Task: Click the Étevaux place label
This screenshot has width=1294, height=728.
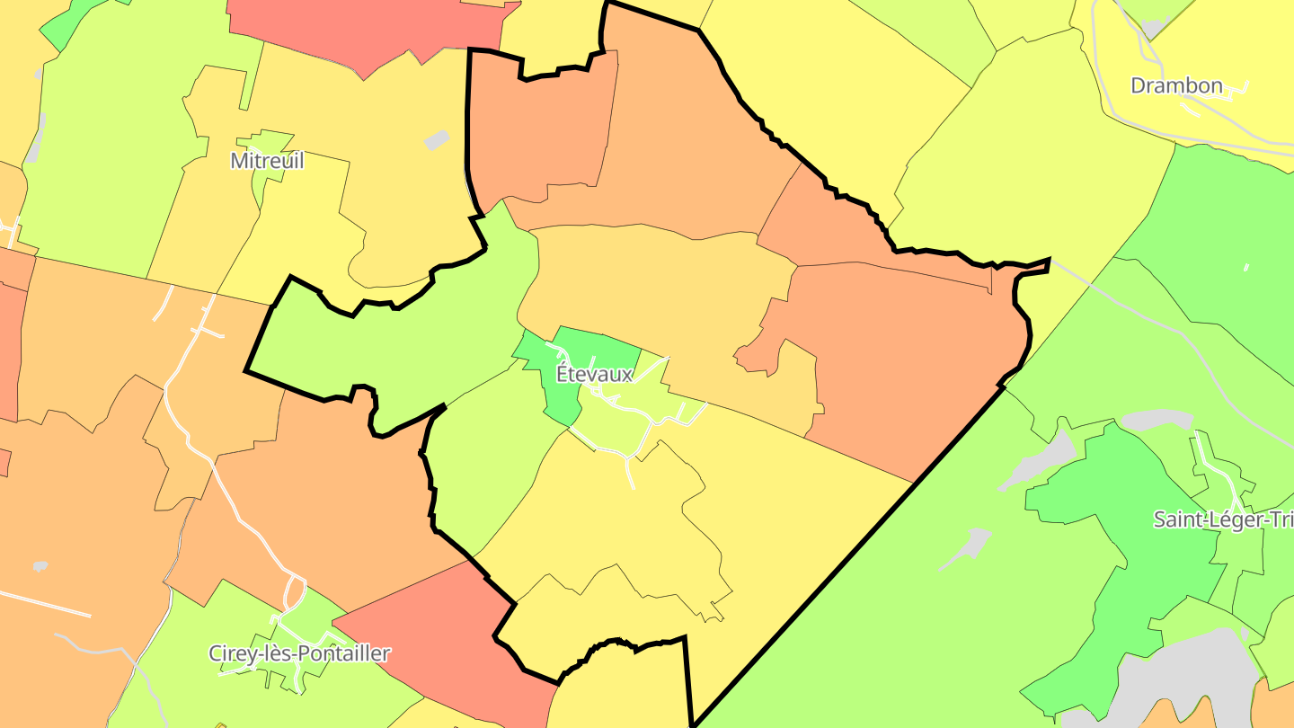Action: pyautogui.click(x=595, y=374)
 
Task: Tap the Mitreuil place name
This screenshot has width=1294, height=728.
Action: pyautogui.click(x=267, y=161)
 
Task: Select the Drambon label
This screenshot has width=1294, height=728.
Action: pyautogui.click(x=1176, y=86)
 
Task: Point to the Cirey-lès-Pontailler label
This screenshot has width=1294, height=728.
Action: pyautogui.click(x=299, y=653)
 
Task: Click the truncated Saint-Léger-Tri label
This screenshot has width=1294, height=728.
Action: pyautogui.click(x=1223, y=519)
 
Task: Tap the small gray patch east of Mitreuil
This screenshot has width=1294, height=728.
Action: pyautogui.click(x=437, y=140)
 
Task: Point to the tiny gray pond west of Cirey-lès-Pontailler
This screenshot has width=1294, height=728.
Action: pyautogui.click(x=40, y=566)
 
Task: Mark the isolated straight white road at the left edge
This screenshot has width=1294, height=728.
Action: pyautogui.click(x=45, y=604)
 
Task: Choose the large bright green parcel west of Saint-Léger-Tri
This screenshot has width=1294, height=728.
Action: pyautogui.click(x=1123, y=557)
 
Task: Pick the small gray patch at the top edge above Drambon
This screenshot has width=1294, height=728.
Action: pyautogui.click(x=1153, y=27)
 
